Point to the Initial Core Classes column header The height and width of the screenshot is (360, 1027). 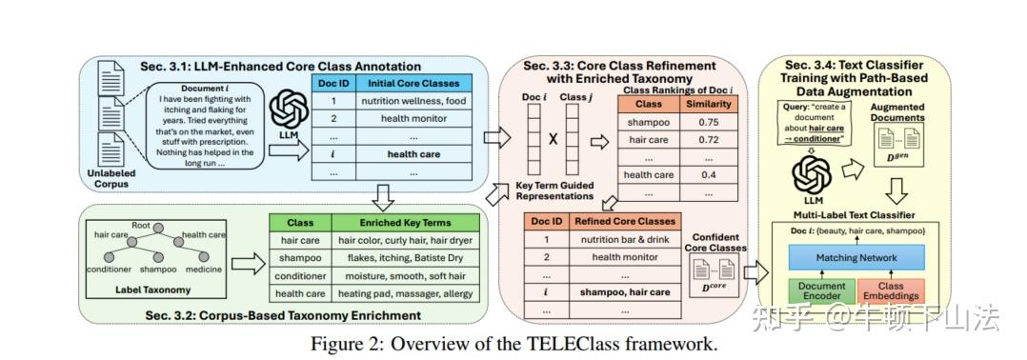point(413,83)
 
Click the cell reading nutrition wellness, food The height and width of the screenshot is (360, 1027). point(413,100)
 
